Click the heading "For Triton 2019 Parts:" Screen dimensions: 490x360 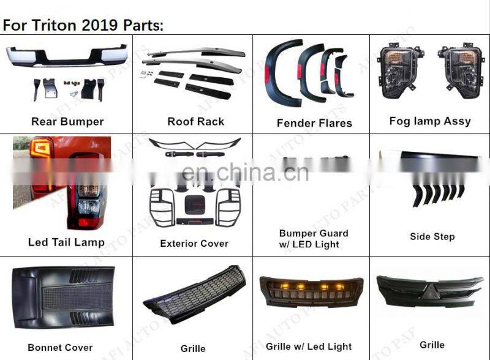(x=83, y=25)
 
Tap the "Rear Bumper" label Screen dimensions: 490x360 (x=67, y=122)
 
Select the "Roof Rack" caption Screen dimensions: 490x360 (x=195, y=121)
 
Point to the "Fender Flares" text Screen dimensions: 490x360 (x=314, y=123)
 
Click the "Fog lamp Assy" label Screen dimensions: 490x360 (x=430, y=121)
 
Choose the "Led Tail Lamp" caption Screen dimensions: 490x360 (x=66, y=242)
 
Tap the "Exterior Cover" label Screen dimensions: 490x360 (x=194, y=244)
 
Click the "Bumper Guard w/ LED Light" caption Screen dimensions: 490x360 (x=314, y=239)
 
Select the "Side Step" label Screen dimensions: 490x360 (x=432, y=236)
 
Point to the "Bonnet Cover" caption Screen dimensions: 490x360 (x=60, y=348)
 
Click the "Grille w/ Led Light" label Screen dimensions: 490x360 (x=309, y=347)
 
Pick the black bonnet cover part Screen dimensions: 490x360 (x=64, y=298)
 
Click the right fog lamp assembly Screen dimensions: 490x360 (x=461, y=70)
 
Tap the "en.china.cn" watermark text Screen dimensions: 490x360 (x=246, y=172)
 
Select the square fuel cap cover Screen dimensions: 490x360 (x=195, y=205)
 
